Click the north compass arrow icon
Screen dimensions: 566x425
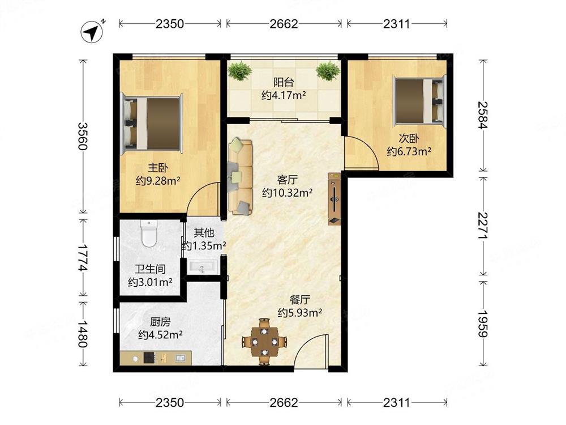(92, 32)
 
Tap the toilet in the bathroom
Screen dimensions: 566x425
(149, 233)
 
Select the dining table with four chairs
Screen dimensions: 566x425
(264, 342)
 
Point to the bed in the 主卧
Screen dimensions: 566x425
(152, 124)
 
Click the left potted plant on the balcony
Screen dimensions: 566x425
(239, 71)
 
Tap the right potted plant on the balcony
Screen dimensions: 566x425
(328, 71)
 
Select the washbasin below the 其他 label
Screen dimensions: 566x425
(201, 267)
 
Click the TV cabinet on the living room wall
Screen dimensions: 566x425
(335, 199)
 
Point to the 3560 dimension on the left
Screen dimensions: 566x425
(83, 136)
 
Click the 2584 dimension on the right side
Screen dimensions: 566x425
(483, 115)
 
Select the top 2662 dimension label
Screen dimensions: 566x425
(284, 24)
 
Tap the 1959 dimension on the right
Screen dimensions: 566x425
(483, 324)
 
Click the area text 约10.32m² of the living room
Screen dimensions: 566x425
(288, 193)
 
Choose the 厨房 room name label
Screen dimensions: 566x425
(160, 321)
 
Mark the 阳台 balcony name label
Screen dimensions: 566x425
(284, 82)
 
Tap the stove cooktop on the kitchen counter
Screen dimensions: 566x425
(149, 358)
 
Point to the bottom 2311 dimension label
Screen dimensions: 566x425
(397, 402)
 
